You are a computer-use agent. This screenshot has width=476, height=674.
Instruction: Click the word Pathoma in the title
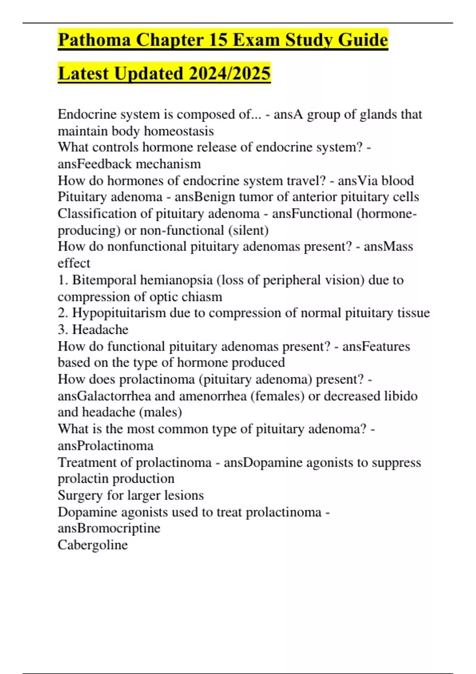(94, 40)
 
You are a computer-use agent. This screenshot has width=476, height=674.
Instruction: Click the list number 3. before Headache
(63, 329)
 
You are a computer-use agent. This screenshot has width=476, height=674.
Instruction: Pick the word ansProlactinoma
(106, 446)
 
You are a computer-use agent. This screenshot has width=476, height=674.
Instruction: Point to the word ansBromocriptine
(109, 528)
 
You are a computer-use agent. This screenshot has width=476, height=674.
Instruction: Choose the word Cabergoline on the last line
(93, 545)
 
